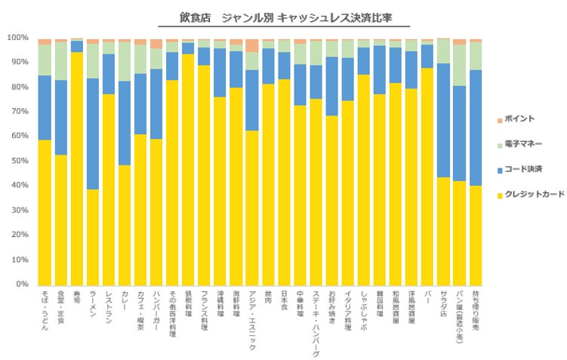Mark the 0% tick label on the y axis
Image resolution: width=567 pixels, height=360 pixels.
pyautogui.click(x=21, y=285)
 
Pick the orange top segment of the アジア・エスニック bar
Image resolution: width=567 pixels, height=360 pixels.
pyautogui.click(x=252, y=45)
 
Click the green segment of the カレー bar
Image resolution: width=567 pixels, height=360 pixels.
pyautogui.click(x=125, y=61)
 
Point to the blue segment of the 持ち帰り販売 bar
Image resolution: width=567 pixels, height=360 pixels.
pyautogui.click(x=476, y=128)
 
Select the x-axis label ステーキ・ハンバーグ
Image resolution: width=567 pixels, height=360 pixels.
pyautogui.click(x=316, y=322)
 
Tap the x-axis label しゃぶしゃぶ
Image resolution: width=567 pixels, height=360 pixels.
pyautogui.click(x=364, y=310)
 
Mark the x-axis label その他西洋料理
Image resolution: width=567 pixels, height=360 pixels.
pyautogui.click(x=172, y=314)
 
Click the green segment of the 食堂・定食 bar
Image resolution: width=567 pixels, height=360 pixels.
pyautogui.click(x=61, y=61)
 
